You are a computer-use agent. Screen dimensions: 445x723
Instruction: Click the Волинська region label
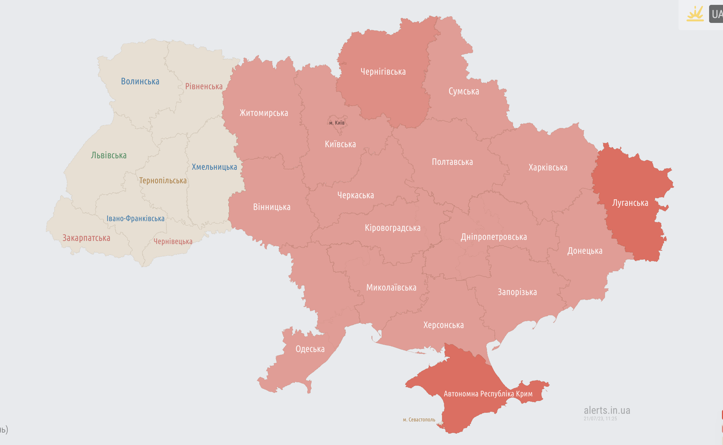click(x=140, y=81)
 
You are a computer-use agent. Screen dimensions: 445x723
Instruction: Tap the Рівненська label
click(x=204, y=86)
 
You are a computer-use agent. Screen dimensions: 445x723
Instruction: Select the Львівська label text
click(x=109, y=155)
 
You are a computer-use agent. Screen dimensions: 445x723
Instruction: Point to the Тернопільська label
click(x=163, y=180)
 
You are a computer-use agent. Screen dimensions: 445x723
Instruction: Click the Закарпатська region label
click(x=86, y=238)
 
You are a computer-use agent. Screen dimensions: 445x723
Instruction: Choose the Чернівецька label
click(x=173, y=241)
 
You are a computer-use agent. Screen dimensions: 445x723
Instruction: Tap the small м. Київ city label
click(x=336, y=123)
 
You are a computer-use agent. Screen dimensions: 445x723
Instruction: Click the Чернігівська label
click(x=383, y=72)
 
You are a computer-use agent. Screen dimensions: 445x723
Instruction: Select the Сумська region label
click(x=464, y=91)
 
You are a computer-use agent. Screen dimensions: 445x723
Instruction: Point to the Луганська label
click(x=630, y=203)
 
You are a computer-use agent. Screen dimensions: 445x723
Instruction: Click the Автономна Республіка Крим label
click(x=488, y=394)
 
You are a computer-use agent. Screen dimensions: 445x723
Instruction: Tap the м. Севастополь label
click(x=419, y=420)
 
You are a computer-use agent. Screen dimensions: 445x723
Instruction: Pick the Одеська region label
click(x=310, y=349)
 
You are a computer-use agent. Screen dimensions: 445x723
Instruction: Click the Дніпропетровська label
click(x=493, y=237)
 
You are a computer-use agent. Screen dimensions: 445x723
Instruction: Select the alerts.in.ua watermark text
click(x=607, y=410)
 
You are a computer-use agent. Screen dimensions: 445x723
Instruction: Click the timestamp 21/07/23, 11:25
click(x=600, y=419)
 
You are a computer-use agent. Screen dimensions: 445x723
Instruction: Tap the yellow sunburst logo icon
click(x=695, y=14)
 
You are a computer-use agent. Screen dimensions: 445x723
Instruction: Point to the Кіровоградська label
click(x=392, y=228)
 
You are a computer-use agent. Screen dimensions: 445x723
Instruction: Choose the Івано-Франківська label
click(x=135, y=218)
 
